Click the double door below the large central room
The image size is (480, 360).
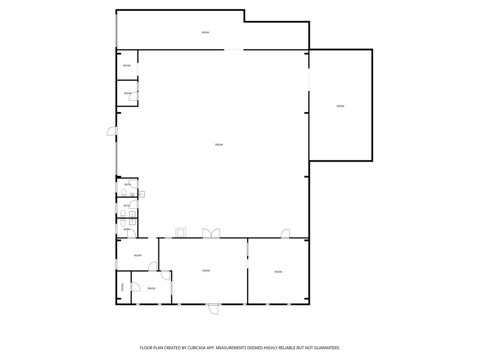211,233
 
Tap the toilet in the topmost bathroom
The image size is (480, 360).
124,193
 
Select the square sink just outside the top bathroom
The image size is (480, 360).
142,194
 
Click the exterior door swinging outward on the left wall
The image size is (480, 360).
112,131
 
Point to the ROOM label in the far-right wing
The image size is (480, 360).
340,106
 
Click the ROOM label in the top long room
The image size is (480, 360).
205,32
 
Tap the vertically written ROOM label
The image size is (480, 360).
122,287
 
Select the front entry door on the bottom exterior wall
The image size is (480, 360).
213,309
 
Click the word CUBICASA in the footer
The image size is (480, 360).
198,348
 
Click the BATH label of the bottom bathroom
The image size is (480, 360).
127,229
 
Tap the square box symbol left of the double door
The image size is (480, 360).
180,232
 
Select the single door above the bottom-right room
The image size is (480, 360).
285,233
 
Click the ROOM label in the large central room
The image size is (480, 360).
219,144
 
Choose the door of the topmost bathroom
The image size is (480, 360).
134,184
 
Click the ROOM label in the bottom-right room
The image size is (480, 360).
278,272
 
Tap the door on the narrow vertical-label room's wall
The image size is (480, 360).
135,287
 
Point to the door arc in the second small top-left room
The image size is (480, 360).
134,96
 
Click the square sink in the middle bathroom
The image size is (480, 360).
133,214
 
